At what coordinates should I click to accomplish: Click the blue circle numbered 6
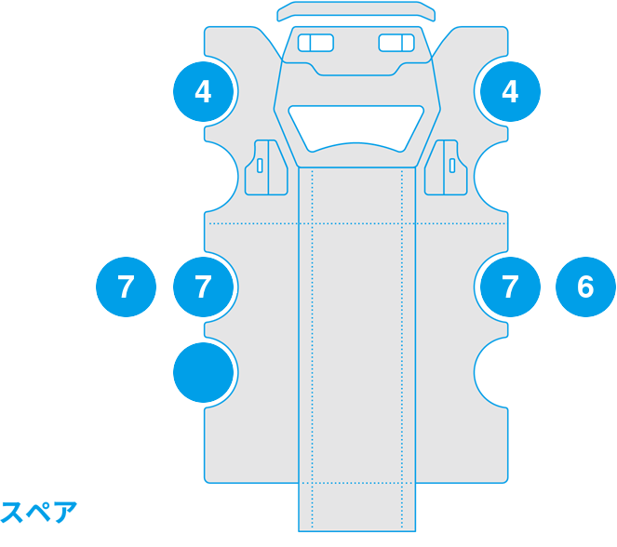pyautogui.click(x=585, y=287)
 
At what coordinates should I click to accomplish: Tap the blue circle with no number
pyautogui.click(x=204, y=372)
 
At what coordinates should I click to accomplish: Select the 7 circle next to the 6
pyautogui.click(x=510, y=287)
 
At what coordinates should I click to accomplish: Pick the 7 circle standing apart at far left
pyautogui.click(x=126, y=287)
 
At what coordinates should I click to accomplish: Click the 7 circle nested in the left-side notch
pyautogui.click(x=204, y=287)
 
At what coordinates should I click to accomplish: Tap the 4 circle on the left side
pyautogui.click(x=204, y=91)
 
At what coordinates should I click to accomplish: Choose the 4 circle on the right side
pyautogui.click(x=510, y=91)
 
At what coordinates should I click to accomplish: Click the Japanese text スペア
pyautogui.click(x=38, y=513)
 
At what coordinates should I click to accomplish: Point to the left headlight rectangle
pyautogui.click(x=316, y=43)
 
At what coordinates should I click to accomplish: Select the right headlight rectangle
pyautogui.click(x=396, y=43)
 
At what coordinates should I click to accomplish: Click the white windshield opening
pyautogui.click(x=356, y=128)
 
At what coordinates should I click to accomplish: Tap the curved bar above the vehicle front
pyautogui.click(x=356, y=11)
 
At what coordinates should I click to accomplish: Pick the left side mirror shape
pyautogui.click(x=266, y=167)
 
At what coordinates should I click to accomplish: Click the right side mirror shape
pyautogui.click(x=446, y=167)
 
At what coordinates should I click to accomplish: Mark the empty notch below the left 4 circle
pyautogui.click(x=221, y=177)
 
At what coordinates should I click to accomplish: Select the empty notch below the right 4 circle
pyautogui.click(x=491, y=177)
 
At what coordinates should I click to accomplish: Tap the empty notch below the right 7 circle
pyautogui.click(x=491, y=372)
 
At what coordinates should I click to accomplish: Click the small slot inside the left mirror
pyautogui.click(x=260, y=166)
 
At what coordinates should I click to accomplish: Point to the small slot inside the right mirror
pyautogui.click(x=452, y=166)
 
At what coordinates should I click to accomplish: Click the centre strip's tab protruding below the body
pyautogui.click(x=357, y=507)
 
